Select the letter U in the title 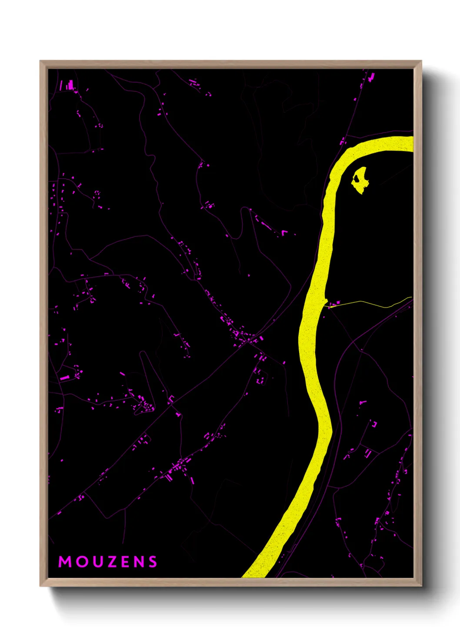click(x=96, y=562)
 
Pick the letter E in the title click(x=124, y=562)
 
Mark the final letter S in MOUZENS click(x=152, y=562)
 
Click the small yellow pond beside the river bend click(x=360, y=182)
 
